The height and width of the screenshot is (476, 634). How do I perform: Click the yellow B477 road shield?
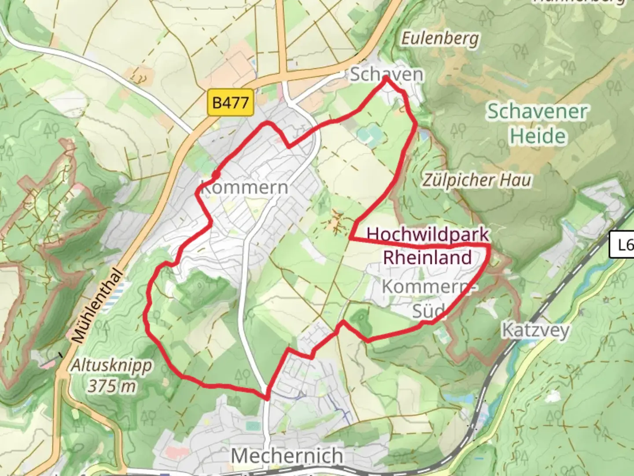(x=230, y=103)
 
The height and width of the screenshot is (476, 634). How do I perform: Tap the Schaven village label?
(x=387, y=74)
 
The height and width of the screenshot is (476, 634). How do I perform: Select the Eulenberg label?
(x=440, y=39)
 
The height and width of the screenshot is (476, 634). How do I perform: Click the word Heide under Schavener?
(x=538, y=136)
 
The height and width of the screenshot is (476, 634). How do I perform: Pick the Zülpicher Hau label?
(x=477, y=180)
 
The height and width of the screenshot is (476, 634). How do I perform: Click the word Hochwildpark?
(x=428, y=234)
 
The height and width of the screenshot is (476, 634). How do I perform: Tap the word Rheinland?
(x=428, y=257)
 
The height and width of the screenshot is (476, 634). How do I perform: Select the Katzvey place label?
(x=536, y=330)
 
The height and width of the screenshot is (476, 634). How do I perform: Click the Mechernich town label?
(x=287, y=455)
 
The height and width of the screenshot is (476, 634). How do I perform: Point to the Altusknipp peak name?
(x=112, y=365)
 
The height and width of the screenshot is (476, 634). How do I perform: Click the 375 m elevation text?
(x=112, y=387)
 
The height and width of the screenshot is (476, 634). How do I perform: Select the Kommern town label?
(x=244, y=187)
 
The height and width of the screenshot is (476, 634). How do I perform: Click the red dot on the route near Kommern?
(x=216, y=175)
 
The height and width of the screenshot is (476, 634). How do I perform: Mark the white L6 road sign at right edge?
(x=623, y=245)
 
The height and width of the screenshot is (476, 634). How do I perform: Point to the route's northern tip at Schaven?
(x=386, y=78)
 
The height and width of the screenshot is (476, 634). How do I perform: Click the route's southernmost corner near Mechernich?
(x=267, y=398)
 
